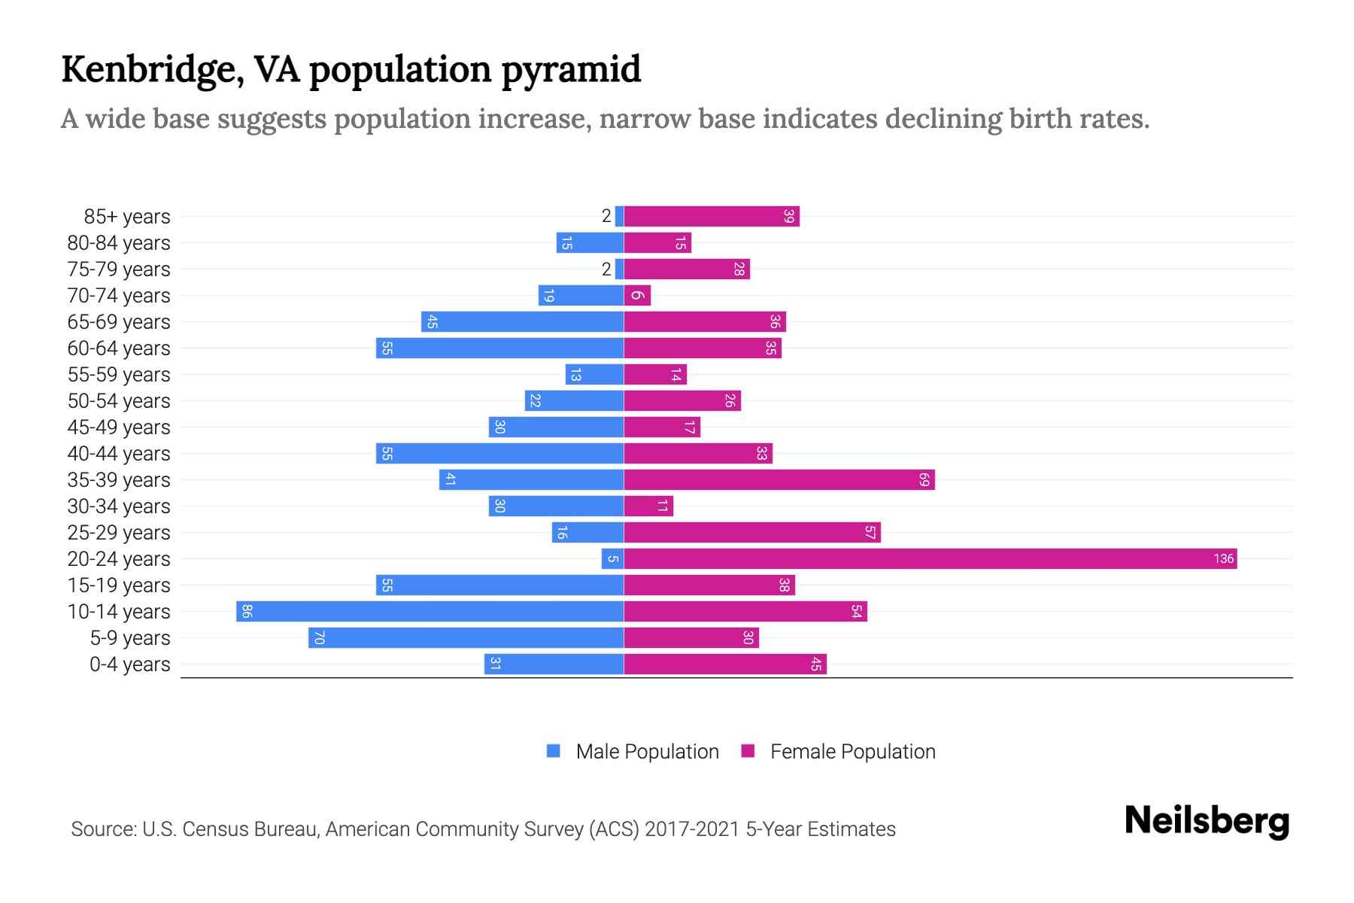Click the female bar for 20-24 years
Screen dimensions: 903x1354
click(x=930, y=558)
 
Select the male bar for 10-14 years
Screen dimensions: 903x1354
click(x=430, y=611)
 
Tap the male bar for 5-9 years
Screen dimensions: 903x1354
click(x=466, y=637)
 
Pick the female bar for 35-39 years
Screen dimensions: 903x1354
click(x=779, y=479)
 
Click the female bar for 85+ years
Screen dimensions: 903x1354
click(x=711, y=216)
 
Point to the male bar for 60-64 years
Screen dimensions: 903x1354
click(x=499, y=348)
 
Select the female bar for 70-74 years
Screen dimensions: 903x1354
click(x=637, y=295)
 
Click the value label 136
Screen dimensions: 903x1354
click(x=1223, y=558)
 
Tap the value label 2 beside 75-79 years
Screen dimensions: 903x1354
click(x=606, y=269)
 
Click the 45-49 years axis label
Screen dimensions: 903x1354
click(x=119, y=427)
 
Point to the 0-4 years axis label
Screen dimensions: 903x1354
click(x=129, y=664)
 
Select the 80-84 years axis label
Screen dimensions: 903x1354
click(x=119, y=242)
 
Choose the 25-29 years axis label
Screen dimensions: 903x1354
click(x=119, y=532)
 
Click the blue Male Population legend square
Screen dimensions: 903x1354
click(x=554, y=751)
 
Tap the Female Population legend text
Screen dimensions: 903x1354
click(x=852, y=751)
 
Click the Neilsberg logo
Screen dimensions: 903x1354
click(x=1207, y=821)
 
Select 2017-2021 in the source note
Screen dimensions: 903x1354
click(x=691, y=829)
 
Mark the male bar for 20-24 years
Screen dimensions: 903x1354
click(x=612, y=558)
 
